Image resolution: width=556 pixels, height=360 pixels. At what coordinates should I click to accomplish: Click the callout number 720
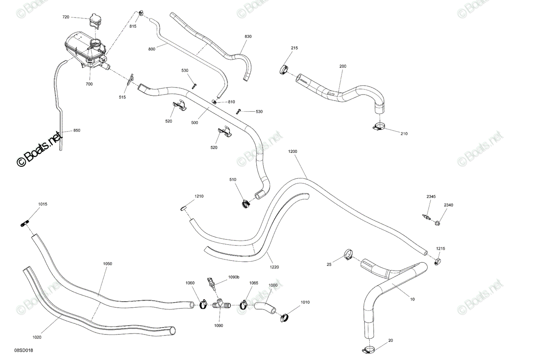[66, 17]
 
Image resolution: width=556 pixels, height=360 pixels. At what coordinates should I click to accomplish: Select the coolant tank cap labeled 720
[95, 20]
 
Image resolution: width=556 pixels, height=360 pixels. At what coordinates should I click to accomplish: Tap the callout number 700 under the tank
[89, 84]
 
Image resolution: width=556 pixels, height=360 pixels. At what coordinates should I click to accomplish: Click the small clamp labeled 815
[140, 13]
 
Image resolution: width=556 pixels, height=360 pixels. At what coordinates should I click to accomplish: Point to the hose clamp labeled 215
[284, 69]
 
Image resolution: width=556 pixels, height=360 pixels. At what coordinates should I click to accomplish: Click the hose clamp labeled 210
[379, 127]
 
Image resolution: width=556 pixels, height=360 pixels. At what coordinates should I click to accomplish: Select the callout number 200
[343, 66]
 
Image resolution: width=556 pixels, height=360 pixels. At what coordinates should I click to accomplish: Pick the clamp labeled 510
[246, 204]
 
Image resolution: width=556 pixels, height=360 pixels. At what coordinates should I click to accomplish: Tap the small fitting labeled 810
[214, 101]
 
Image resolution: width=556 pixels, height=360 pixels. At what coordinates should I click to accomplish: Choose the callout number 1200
[292, 152]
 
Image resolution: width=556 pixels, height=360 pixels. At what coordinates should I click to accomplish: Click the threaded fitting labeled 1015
[25, 223]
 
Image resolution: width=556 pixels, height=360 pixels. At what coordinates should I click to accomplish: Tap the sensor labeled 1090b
[211, 284]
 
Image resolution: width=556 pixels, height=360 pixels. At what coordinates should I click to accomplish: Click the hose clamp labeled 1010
[284, 318]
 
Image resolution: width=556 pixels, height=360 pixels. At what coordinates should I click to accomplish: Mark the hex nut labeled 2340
[437, 223]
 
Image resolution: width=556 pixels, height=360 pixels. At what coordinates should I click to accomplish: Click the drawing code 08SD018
[24, 350]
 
